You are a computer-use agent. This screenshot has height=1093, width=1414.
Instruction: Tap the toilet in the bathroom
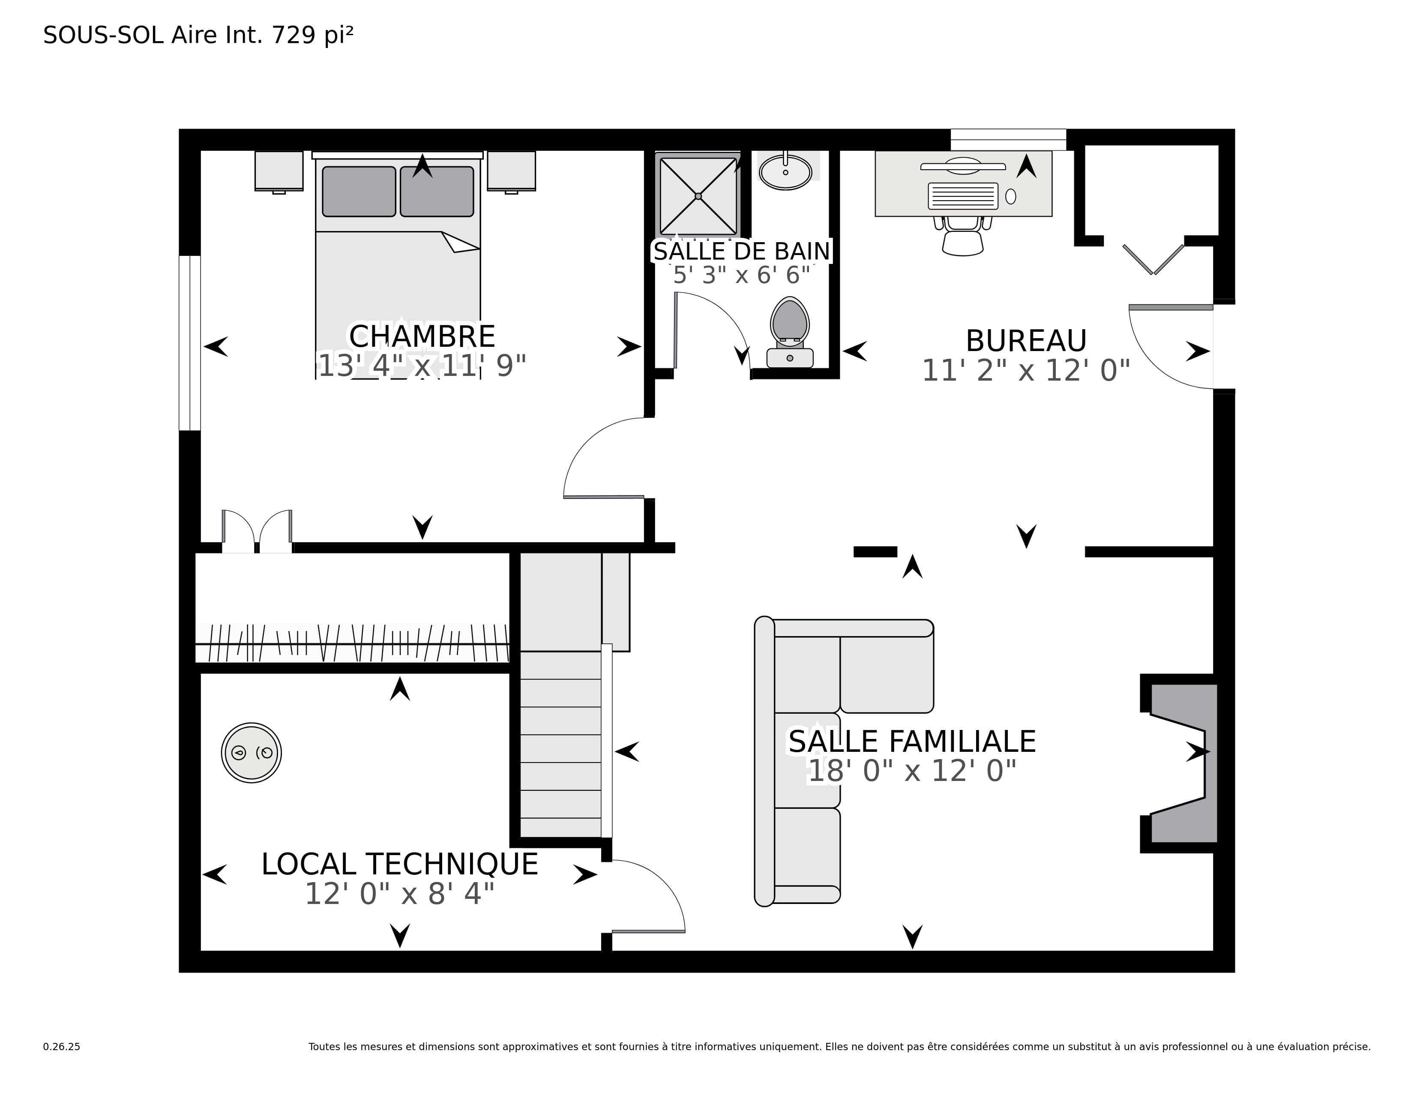pyautogui.click(x=790, y=331)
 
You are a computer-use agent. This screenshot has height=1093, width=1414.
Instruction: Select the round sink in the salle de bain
pyautogui.click(x=785, y=171)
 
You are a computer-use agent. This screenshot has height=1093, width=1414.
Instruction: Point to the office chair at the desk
pyautogui.click(x=963, y=235)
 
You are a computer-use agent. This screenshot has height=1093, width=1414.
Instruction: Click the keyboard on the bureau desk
pyautogui.click(x=963, y=195)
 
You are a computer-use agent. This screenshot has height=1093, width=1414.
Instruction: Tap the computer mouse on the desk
pyautogui.click(x=1011, y=196)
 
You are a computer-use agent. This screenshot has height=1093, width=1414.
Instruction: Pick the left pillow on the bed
pyautogui.click(x=359, y=192)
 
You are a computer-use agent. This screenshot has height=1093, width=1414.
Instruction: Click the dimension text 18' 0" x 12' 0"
pyautogui.click(x=912, y=771)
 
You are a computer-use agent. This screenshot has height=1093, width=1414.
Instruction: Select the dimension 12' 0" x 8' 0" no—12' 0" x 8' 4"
pyautogui.click(x=399, y=894)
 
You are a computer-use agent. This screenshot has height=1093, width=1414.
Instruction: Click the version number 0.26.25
pyautogui.click(x=62, y=1046)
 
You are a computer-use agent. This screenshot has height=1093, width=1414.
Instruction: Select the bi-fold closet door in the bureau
pyautogui.click(x=1153, y=259)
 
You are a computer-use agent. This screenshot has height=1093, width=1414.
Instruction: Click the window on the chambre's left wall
pyautogui.click(x=190, y=343)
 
